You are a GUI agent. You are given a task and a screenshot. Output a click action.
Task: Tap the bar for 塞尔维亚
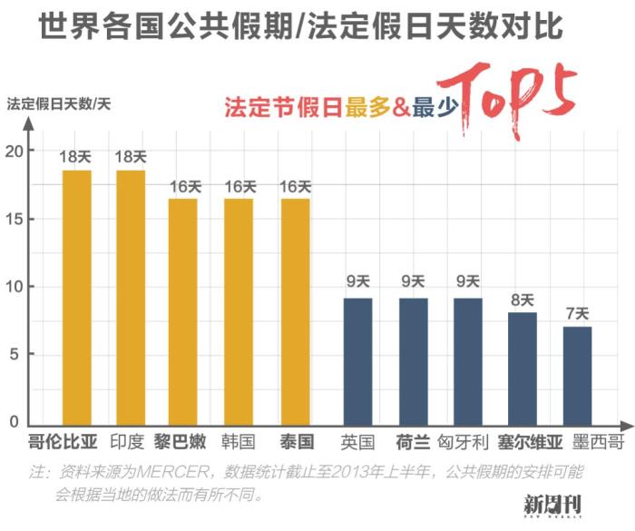(x=523, y=368)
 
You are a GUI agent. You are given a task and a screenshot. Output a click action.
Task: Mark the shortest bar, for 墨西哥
(x=577, y=375)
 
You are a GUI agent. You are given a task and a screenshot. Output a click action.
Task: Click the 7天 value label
(x=577, y=314)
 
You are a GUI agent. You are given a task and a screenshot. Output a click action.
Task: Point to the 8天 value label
(x=523, y=300)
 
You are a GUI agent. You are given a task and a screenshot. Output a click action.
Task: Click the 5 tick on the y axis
(x=14, y=355)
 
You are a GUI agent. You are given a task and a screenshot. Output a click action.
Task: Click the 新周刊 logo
(x=552, y=504)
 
